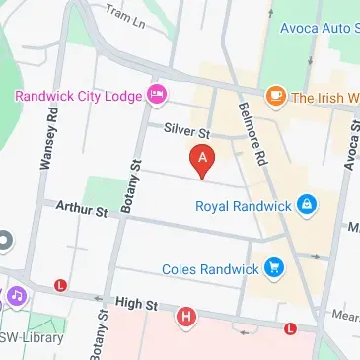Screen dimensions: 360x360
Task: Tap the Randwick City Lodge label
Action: [x=78, y=96]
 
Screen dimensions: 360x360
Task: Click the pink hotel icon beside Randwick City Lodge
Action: [x=156, y=96]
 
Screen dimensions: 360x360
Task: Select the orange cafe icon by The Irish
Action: [x=274, y=96]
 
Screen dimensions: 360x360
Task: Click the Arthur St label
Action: [x=82, y=209]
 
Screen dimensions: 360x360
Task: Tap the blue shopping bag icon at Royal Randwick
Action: [x=307, y=205]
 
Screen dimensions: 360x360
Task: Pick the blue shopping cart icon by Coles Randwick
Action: [x=273, y=266]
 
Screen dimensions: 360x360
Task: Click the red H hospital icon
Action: [x=186, y=317]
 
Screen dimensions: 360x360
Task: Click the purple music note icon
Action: [x=16, y=295]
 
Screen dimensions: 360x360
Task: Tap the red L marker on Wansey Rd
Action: [x=61, y=285]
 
